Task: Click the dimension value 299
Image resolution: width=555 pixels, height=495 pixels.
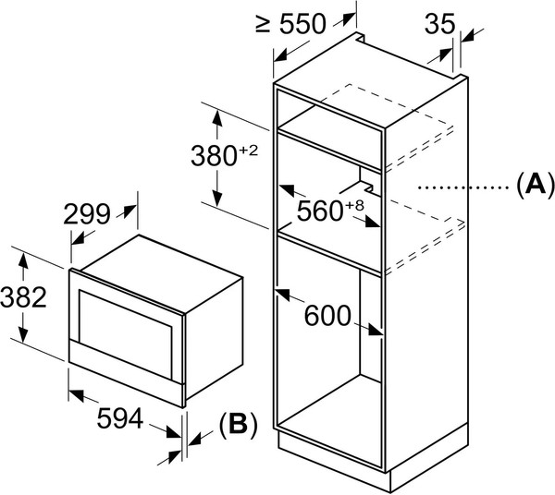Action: point(87,214)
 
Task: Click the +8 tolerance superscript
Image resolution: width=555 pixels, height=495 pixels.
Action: point(352,205)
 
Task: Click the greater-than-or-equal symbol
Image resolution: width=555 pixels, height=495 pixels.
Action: point(265,25)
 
